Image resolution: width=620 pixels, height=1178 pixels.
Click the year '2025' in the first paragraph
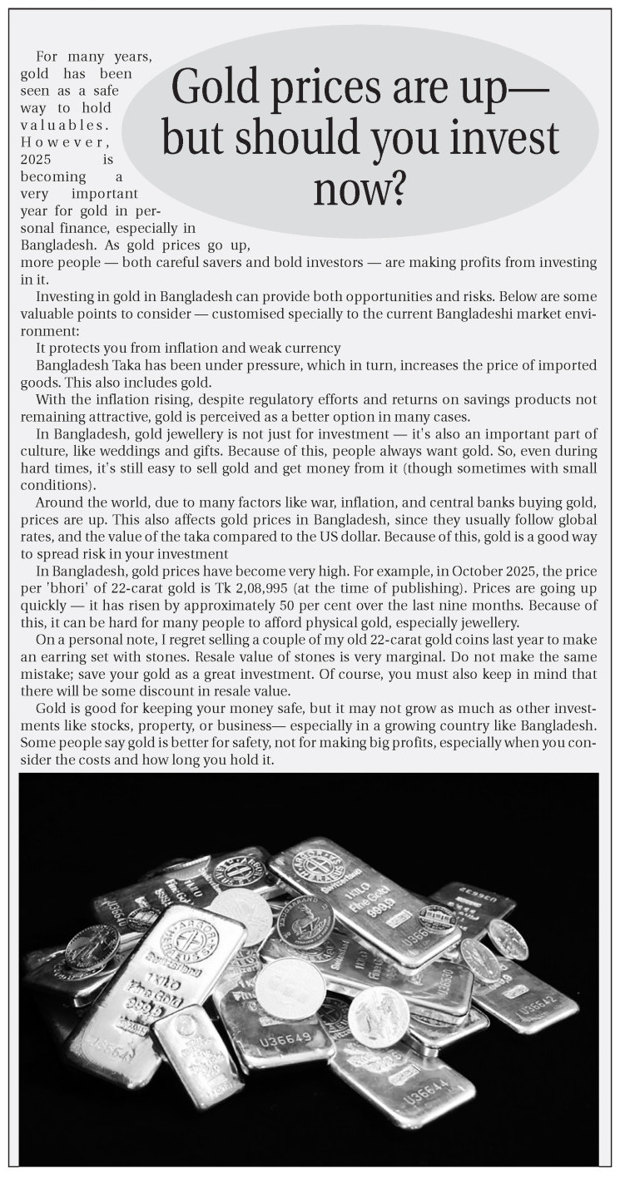coord(38,159)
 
